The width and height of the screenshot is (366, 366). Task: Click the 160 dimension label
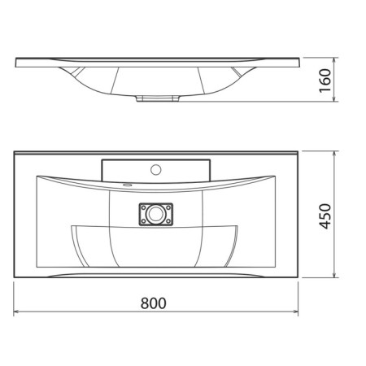(x=325, y=81)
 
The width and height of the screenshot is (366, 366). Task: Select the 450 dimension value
(x=325, y=216)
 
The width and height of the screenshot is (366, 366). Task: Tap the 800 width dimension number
(x=154, y=303)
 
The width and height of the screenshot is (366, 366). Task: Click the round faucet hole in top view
(x=156, y=170)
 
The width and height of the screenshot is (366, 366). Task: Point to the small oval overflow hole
(x=127, y=185)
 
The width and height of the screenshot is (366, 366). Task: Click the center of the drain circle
(x=156, y=214)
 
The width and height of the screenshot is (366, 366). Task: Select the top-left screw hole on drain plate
(x=143, y=207)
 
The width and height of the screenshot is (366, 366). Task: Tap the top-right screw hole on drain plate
(x=168, y=207)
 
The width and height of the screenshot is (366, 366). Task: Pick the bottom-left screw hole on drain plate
(x=143, y=221)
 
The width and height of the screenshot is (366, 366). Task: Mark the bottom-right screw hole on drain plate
(x=168, y=221)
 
